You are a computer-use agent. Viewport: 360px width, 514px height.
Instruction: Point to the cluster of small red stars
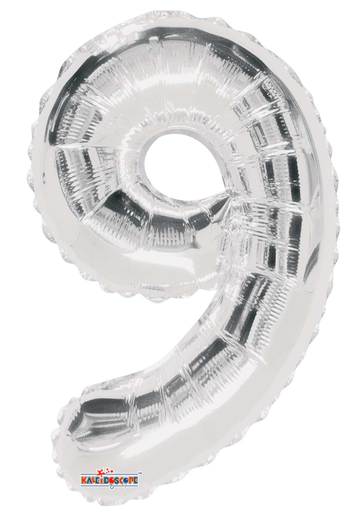(x=110, y=471)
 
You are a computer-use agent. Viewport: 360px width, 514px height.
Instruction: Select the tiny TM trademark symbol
(x=140, y=473)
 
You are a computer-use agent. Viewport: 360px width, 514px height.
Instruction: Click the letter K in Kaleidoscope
(x=84, y=480)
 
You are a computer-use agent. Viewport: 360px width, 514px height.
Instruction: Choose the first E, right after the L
(x=97, y=480)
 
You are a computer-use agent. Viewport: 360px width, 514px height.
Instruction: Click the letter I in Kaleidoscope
(x=102, y=480)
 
